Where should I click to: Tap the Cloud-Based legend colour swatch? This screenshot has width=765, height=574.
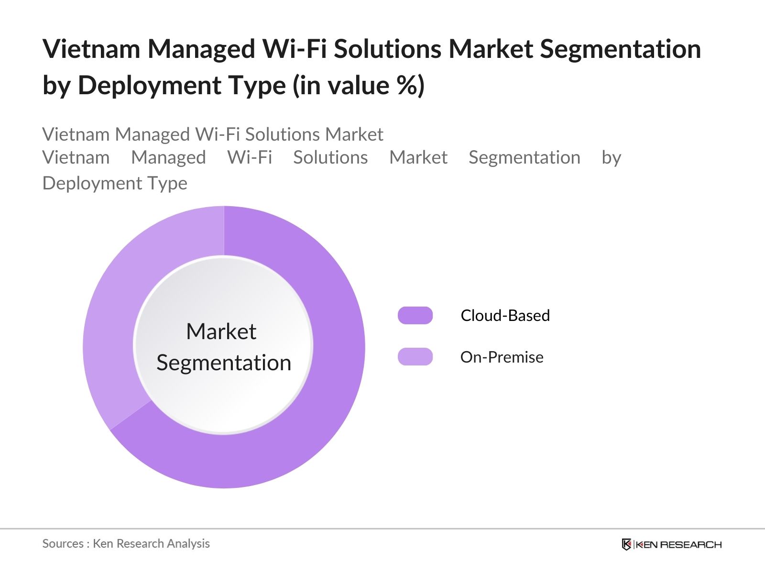click(415, 316)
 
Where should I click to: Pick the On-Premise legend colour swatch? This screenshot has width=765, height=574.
click(415, 357)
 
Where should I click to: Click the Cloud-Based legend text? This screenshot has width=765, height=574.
click(505, 316)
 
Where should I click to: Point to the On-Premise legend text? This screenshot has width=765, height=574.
click(502, 357)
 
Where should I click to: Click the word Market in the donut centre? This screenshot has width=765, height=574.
click(221, 331)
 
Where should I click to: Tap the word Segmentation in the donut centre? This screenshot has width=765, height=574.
click(224, 363)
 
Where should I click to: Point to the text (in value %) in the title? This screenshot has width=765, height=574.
click(359, 86)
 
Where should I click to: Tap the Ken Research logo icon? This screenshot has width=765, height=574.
click(626, 544)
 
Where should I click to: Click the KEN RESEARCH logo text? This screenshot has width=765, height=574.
click(678, 544)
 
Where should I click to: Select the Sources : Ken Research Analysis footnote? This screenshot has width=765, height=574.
click(126, 543)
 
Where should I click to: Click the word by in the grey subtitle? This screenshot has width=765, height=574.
click(611, 158)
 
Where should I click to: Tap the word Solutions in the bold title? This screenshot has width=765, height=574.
click(387, 49)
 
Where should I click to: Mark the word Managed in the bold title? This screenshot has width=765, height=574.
click(201, 49)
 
